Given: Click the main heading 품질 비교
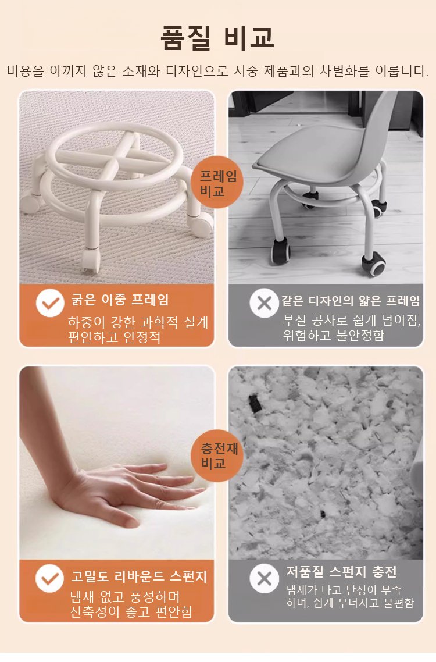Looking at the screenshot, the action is [218, 37].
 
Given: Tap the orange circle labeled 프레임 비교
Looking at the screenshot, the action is [217, 183].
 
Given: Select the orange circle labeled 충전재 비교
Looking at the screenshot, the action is [218, 455].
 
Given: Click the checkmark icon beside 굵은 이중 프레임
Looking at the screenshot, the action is [50, 302].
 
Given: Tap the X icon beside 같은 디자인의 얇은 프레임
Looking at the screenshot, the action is [264, 302].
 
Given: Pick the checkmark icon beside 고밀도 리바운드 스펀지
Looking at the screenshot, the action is [50, 578].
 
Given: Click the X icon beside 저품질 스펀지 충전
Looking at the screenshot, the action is [264, 578].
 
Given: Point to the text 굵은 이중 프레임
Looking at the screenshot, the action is [119, 300].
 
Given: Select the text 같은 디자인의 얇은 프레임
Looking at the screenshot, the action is [351, 301].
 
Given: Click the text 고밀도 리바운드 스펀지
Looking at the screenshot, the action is [139, 576].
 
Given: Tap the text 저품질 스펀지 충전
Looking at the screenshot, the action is [341, 572].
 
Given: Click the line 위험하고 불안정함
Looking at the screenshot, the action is [334, 335].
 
